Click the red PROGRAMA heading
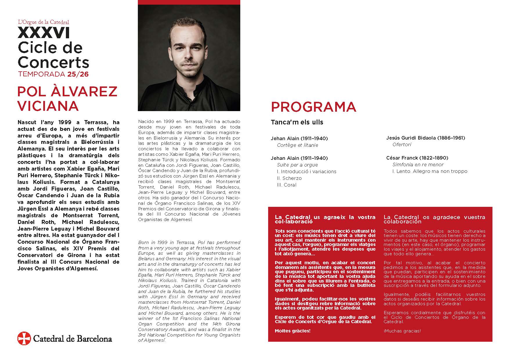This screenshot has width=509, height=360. click(x=313, y=107)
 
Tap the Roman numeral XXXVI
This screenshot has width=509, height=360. click(x=44, y=33)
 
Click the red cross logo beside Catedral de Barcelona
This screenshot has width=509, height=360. click(x=24, y=338)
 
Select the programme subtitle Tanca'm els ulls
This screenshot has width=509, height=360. click(x=297, y=122)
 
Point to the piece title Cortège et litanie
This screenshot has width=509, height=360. click(x=297, y=145)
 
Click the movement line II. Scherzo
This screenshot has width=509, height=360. click(x=289, y=178)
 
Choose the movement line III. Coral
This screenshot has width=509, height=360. click(x=287, y=185)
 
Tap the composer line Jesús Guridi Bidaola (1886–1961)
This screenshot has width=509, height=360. click(x=425, y=138)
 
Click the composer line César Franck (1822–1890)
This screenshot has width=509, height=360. click(x=417, y=158)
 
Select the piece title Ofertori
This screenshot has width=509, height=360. click(x=402, y=144)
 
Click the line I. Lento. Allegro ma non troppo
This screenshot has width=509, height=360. click(x=430, y=171)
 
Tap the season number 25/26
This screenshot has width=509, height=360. click(x=78, y=74)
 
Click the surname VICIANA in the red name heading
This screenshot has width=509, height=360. click(x=48, y=106)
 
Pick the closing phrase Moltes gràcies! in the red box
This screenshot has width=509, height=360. click(x=293, y=331)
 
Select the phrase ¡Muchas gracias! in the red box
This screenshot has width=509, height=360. click(x=402, y=331)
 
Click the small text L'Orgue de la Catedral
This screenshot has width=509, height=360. click(x=44, y=22)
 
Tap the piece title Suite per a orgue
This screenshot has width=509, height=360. click(x=297, y=165)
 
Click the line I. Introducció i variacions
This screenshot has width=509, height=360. click(x=306, y=171)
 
